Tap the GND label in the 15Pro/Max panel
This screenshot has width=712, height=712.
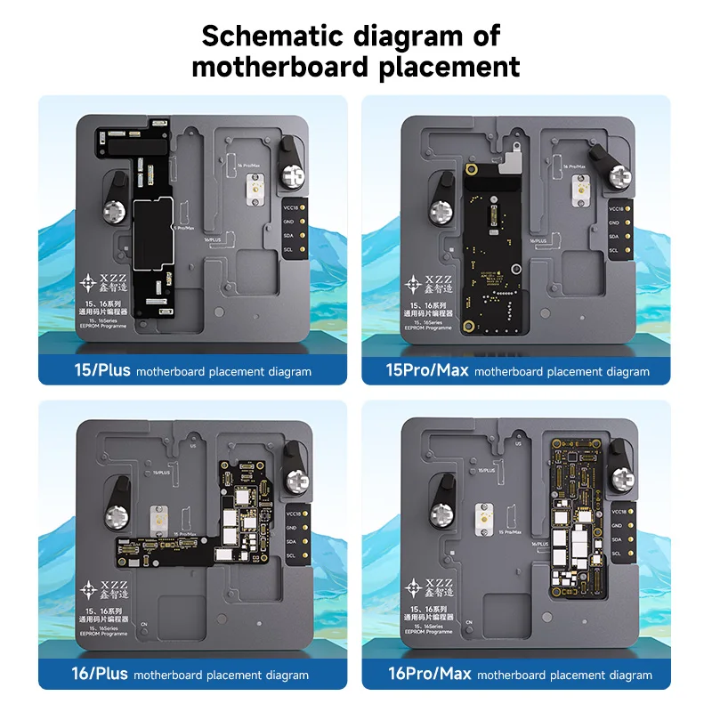click(x=613, y=222)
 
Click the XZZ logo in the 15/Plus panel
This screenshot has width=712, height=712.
click(x=95, y=284)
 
